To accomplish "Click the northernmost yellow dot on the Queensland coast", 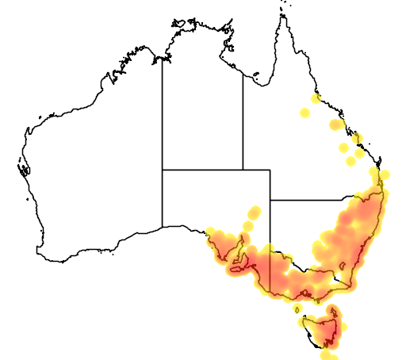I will (316, 98).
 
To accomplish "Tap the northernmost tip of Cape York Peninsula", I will (281, 12).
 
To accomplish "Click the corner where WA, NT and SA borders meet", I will (163, 170).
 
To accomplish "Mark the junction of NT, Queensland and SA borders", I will (243, 170).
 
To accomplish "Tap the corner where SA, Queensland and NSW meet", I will (270, 200).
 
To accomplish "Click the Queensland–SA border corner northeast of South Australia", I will (270, 170).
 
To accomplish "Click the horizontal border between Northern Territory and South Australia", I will (202, 170).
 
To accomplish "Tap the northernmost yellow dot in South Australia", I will (255, 212).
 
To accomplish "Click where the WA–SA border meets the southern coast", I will (163, 228).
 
